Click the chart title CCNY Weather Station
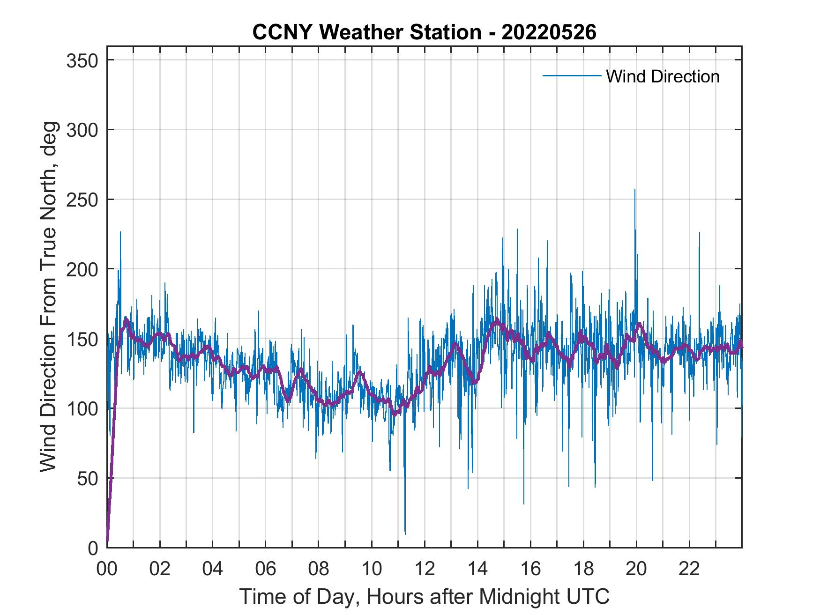424,32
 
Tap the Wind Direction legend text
663,76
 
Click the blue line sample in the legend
572,76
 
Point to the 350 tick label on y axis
82,60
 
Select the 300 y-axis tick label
82,130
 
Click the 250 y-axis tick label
82,200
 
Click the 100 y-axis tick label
82,408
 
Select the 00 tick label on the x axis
107,569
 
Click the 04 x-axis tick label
213,569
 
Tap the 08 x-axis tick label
319,569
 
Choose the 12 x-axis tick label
425,569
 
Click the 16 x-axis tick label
530,569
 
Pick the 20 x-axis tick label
636,569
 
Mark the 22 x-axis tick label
689,569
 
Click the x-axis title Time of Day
425,597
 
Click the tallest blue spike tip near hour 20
635,190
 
